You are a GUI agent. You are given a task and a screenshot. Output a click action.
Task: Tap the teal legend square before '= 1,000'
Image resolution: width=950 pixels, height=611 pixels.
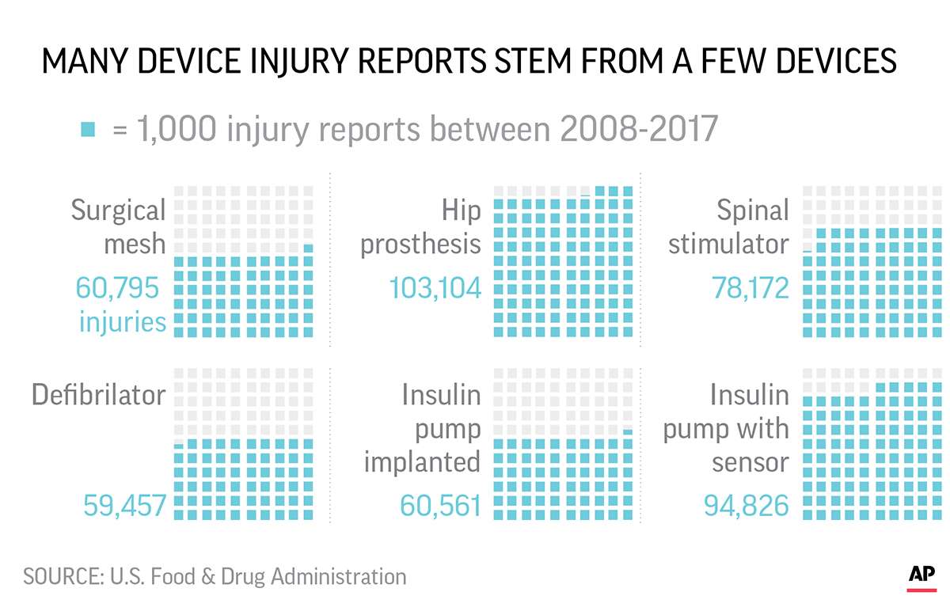pos(88,129)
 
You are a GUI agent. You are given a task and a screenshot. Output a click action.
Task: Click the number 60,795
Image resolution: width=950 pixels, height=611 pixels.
pos(117,288)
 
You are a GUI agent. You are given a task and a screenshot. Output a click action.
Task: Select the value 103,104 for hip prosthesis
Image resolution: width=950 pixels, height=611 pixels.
pos(435,288)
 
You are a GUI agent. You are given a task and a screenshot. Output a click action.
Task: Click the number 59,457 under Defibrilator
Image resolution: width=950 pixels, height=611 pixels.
pos(124,505)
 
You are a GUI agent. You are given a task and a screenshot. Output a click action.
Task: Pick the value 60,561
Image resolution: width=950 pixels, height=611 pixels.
pos(440,505)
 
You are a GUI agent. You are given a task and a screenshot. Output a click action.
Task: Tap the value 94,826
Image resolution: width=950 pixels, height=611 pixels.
pos(747,505)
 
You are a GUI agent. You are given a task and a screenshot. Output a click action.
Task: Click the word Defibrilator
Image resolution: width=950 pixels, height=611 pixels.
pos(98,394)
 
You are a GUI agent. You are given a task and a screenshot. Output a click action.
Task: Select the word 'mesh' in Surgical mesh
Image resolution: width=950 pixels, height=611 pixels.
pos(135,244)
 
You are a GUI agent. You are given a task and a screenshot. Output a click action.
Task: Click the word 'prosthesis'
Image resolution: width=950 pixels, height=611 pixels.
pos(420,244)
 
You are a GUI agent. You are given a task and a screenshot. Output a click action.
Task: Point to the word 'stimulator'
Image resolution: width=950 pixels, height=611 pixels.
pos(728,244)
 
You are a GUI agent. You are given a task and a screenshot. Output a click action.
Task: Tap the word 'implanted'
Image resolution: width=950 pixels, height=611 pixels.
pos(422,461)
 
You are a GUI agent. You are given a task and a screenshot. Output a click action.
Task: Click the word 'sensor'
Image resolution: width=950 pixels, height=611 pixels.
pos(750,461)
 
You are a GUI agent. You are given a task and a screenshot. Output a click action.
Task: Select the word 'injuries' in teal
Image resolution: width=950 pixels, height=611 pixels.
pos(122,322)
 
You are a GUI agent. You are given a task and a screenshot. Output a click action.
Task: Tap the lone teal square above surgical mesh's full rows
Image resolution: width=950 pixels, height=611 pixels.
pos(308,249)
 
